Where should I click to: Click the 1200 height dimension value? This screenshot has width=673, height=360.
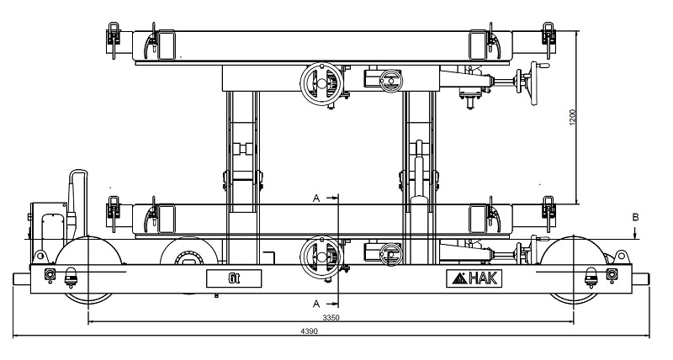[x=572, y=118]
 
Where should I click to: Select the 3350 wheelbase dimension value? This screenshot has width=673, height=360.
[x=331, y=318]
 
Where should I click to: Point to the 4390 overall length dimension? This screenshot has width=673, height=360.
[x=309, y=331]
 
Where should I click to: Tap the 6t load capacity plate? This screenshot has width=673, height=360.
[x=234, y=278]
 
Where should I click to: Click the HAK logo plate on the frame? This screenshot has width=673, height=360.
[x=473, y=278]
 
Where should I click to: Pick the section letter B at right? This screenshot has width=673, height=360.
[x=636, y=218]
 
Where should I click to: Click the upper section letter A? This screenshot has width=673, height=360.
[x=316, y=199]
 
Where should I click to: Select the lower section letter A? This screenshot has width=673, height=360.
[x=316, y=304]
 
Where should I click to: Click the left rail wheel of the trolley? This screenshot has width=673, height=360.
[x=87, y=270]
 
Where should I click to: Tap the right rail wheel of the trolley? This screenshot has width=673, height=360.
[x=574, y=269]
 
